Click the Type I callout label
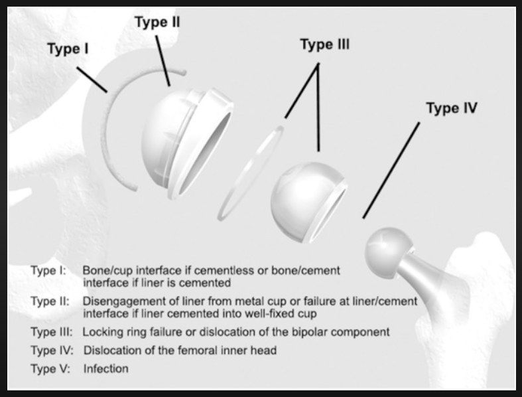tap(68, 48)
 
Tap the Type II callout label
tap(157, 22)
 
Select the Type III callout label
tap(325, 44)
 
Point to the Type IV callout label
tap(452, 108)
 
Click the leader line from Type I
tap(92, 79)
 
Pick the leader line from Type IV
tap(391, 171)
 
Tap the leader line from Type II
tap(163, 61)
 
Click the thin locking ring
tap(250, 173)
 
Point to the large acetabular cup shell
tap(186, 143)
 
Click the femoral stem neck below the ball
tap(416, 270)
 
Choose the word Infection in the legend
tap(106, 368)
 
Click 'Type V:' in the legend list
tap(50, 368)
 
